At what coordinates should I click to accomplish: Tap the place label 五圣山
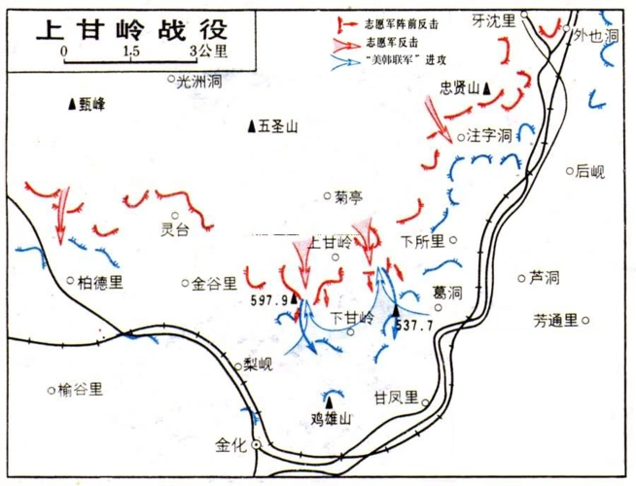pyautogui.click(x=277, y=125)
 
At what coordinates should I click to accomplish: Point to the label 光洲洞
pyautogui.click(x=201, y=83)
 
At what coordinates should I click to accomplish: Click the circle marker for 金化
pyautogui.click(x=256, y=445)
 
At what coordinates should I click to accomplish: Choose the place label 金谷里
pyautogui.click(x=215, y=284)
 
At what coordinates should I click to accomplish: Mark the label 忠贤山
pyautogui.click(x=459, y=87)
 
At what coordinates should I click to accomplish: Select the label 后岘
pyautogui.click(x=589, y=172)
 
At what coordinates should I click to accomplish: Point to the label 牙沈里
pyautogui.click(x=494, y=19)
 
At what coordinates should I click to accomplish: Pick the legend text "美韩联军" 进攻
pyautogui.click(x=406, y=59)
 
